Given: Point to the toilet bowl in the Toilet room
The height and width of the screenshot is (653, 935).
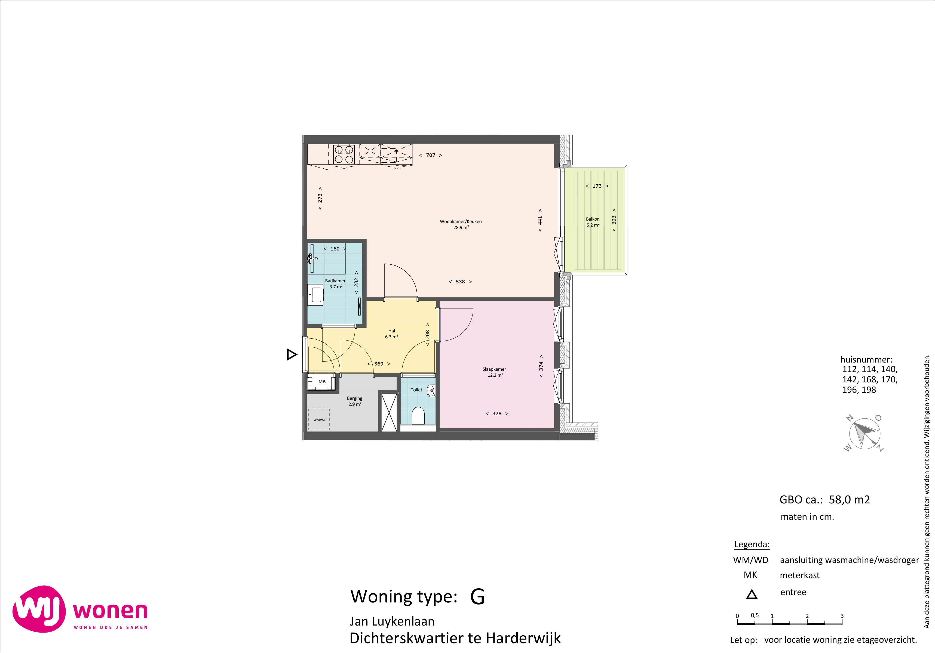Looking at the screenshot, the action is [418, 416].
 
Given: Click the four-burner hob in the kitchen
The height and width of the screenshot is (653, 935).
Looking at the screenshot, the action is [344, 154].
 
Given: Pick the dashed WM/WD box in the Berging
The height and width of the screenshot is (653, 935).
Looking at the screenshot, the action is [319, 419].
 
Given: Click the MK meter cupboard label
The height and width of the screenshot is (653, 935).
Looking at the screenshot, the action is [322, 382].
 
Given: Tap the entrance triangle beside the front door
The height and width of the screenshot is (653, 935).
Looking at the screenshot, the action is [292, 355].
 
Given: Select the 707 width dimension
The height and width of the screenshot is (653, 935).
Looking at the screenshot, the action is [430, 155].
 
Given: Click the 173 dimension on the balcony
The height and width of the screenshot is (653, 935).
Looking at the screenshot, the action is [597, 186].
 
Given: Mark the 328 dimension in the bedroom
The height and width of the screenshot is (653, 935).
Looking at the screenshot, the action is [497, 414].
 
